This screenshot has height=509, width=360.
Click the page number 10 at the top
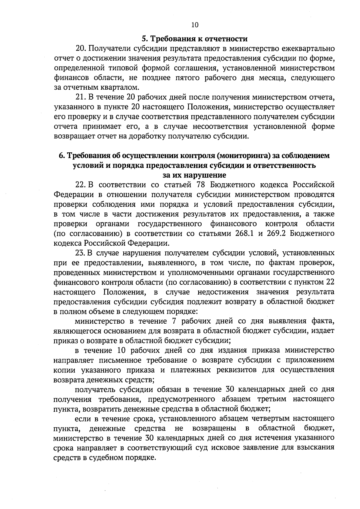(x=195, y=25)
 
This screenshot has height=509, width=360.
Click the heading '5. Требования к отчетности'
(x=194, y=39)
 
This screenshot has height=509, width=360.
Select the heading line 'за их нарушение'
(x=194, y=175)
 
